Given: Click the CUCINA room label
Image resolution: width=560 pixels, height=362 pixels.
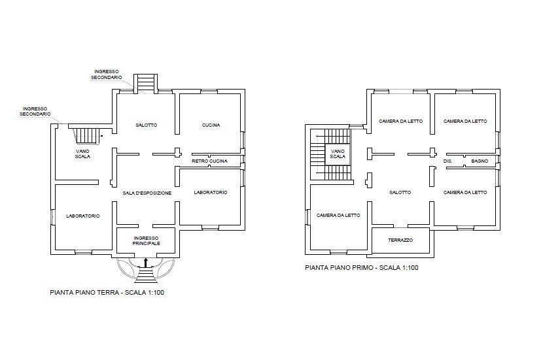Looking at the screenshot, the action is (x=211, y=125).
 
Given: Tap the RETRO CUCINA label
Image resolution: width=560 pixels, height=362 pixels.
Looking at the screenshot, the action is (x=209, y=161).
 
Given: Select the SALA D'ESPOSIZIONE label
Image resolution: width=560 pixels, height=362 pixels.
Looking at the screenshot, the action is (x=147, y=193).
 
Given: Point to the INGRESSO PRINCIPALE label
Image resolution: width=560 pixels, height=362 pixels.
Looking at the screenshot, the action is (x=147, y=240).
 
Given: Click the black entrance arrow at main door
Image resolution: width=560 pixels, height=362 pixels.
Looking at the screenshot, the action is (x=145, y=263).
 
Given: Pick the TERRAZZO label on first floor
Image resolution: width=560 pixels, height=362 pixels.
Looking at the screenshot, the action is (x=400, y=240).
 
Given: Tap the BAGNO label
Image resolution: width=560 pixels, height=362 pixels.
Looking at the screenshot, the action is (x=480, y=161).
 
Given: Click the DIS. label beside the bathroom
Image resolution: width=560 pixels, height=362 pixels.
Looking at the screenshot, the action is (x=448, y=161).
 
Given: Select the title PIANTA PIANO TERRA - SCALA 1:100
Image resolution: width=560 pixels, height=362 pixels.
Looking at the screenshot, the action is (x=107, y=293).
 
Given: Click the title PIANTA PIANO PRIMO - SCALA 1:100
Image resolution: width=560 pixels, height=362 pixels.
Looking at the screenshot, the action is (x=361, y=267).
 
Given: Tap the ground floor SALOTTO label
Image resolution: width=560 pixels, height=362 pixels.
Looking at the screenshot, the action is (x=146, y=125).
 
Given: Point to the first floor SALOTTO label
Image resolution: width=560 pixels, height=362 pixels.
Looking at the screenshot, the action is (x=400, y=193).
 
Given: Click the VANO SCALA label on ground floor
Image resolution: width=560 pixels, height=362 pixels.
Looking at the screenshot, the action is (x=82, y=154).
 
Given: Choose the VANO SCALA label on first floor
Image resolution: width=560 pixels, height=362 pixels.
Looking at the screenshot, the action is (x=338, y=154).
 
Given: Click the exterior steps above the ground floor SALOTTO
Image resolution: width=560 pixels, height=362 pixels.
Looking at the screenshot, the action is (x=145, y=82).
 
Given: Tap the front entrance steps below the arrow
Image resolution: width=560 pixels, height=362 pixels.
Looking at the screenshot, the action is (x=145, y=275).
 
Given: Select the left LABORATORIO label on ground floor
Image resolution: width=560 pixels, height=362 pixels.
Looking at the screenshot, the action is (x=83, y=216).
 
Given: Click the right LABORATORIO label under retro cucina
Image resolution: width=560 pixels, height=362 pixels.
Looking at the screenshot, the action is (x=211, y=193).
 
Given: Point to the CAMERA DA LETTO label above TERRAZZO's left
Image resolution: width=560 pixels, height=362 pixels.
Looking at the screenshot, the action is (x=338, y=216).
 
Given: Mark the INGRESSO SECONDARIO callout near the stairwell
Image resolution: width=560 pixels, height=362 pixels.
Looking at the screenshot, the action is (x=35, y=111).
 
